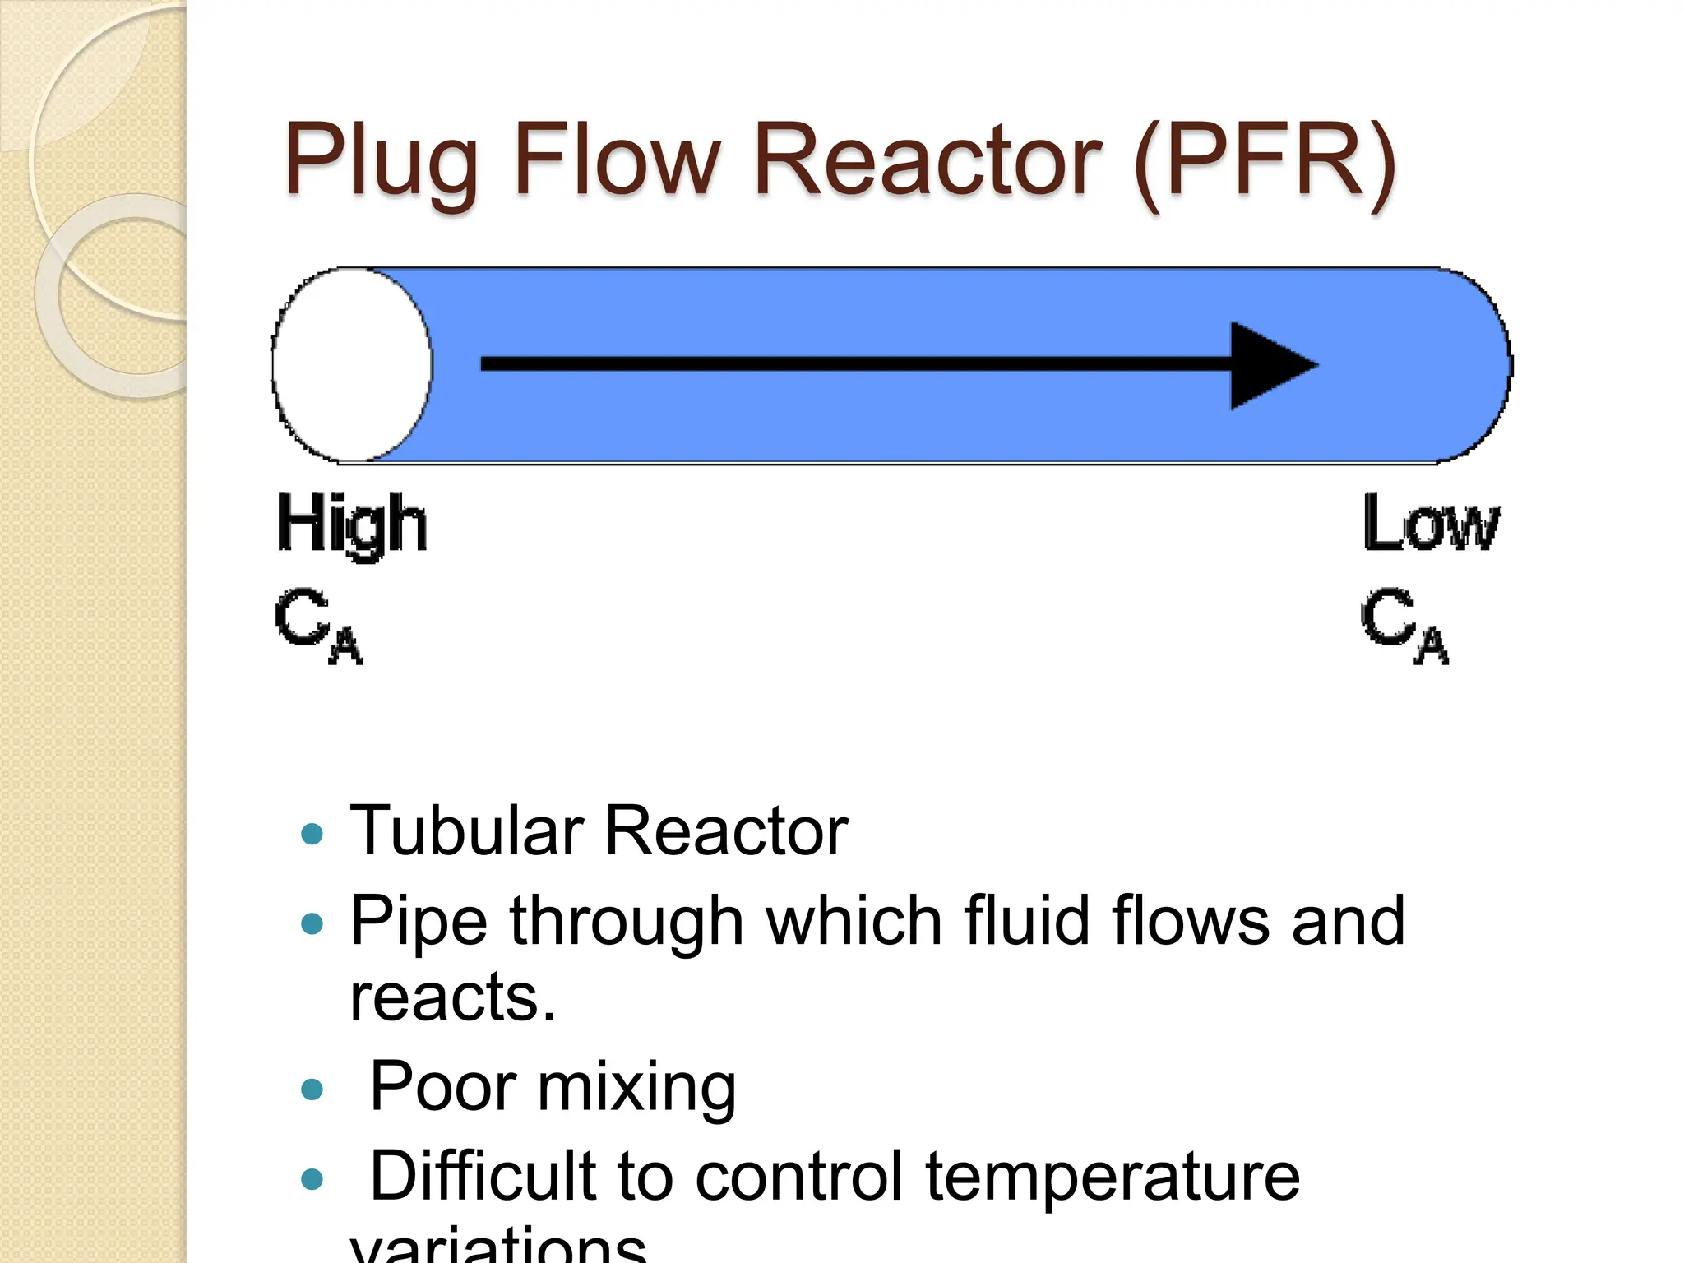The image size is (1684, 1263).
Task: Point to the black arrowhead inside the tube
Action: tap(1270, 366)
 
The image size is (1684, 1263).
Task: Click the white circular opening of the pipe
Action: tap(352, 364)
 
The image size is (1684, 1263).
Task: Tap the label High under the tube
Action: tap(352, 525)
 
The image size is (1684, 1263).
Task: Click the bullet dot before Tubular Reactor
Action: tap(312, 835)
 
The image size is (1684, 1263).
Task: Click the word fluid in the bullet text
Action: tap(1027, 920)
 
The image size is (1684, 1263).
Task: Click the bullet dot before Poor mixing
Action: tap(312, 1090)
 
